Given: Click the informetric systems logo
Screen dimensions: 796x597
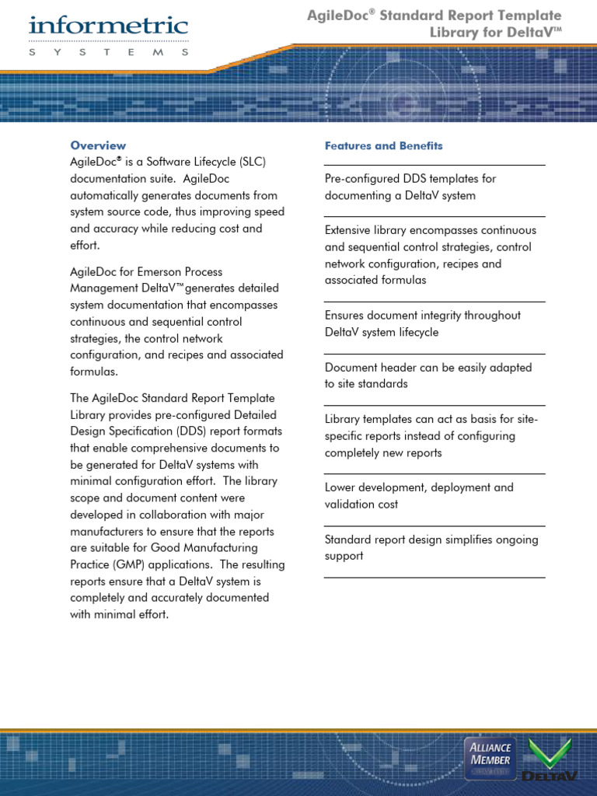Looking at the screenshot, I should [x=109, y=35].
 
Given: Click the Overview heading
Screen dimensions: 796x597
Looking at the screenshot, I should [x=98, y=145].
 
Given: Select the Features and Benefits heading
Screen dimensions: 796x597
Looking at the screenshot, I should [x=383, y=145].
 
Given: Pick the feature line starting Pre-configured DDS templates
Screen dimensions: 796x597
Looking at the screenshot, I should [x=410, y=179].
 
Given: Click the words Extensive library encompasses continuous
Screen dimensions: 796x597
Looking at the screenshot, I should [x=430, y=230].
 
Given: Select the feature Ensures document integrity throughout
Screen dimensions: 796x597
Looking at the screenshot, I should [x=422, y=316].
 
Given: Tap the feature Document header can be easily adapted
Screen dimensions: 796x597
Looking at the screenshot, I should [x=428, y=368].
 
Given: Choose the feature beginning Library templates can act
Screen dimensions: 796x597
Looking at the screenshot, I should [x=431, y=420].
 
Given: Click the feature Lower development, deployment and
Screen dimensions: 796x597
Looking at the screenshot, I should [x=418, y=487].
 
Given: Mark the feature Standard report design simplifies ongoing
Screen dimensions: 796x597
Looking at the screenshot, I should [x=431, y=539].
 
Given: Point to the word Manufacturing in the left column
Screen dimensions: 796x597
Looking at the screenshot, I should [x=223, y=548].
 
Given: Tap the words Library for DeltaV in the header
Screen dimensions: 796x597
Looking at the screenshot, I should [x=494, y=33].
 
